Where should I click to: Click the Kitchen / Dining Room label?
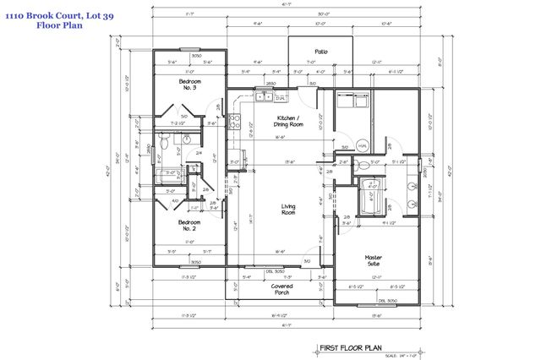point(289,121)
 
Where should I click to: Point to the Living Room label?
point(288,210)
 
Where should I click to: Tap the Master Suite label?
point(374,260)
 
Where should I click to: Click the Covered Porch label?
point(281,289)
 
